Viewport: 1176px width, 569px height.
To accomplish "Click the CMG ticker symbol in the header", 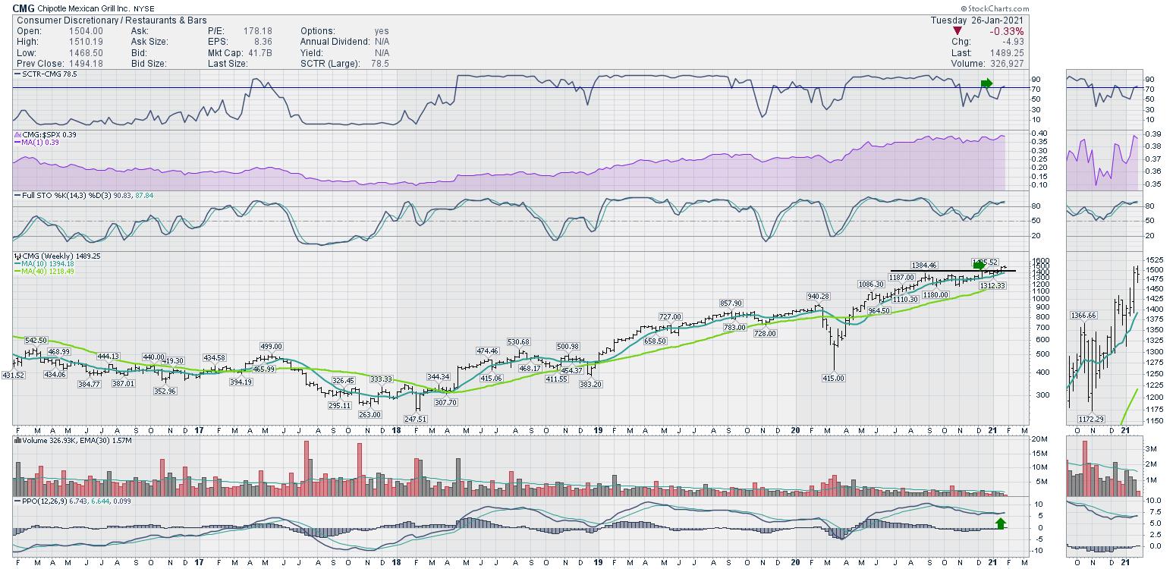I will pyautogui.click(x=24, y=8).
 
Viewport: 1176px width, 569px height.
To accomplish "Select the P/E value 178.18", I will pyautogui.click(x=257, y=31).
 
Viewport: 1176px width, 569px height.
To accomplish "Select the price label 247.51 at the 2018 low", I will pyautogui.click(x=417, y=419).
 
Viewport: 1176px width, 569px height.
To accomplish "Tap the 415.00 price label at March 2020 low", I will pyautogui.click(x=833, y=378).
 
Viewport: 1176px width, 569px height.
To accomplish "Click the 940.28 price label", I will pyautogui.click(x=819, y=297).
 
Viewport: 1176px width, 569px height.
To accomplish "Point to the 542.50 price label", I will pyautogui.click(x=35, y=341).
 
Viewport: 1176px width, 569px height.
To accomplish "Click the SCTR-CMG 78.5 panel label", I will pyautogui.click(x=46, y=74).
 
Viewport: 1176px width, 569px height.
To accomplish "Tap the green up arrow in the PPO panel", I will pyautogui.click(x=1001, y=523).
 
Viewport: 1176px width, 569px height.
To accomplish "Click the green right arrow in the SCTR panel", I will pyautogui.click(x=986, y=83).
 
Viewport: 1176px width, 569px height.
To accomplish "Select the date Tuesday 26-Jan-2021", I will pyautogui.click(x=977, y=20).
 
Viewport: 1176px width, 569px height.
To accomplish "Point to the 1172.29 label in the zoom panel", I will pyautogui.click(x=1090, y=419).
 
